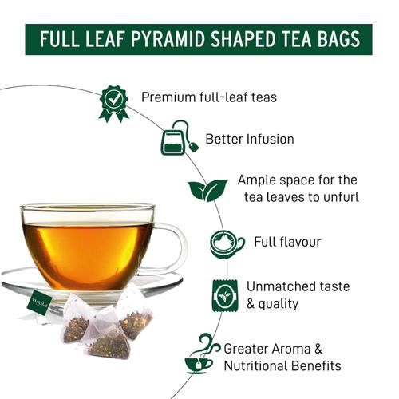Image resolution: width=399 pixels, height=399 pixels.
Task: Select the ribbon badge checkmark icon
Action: click(113, 102)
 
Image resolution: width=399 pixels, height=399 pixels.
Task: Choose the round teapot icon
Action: click(227, 243)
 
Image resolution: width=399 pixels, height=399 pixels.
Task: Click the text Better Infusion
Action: click(250, 139)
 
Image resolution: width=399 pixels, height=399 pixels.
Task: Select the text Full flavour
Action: click(288, 241)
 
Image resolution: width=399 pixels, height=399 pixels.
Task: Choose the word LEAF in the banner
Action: click(97, 39)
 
